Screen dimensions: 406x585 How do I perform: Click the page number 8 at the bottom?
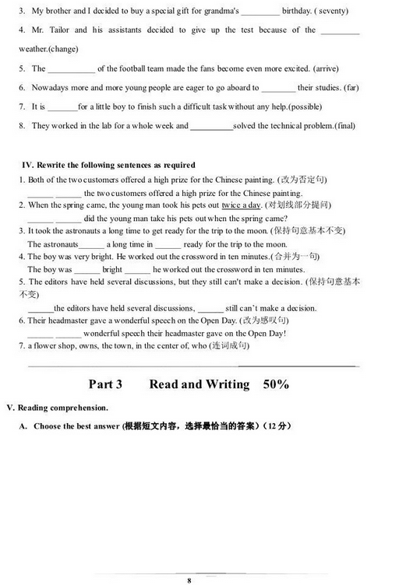click(x=189, y=559)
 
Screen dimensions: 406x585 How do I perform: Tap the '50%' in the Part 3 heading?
click(x=276, y=384)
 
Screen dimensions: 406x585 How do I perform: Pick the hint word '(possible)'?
click(x=305, y=107)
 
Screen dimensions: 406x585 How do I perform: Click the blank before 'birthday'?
click(x=260, y=13)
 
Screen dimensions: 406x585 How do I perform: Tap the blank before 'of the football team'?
click(x=71, y=70)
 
